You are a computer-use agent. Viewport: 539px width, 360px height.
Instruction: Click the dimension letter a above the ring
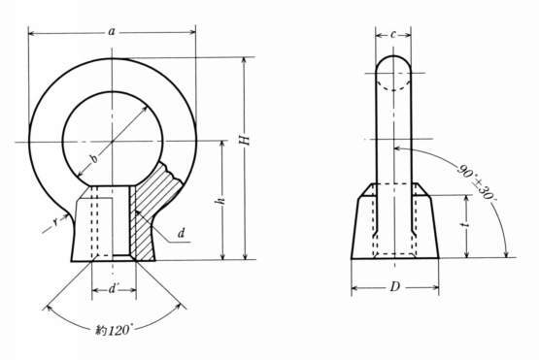click(x=112, y=32)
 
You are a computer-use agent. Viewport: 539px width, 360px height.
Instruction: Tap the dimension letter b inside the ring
click(x=93, y=159)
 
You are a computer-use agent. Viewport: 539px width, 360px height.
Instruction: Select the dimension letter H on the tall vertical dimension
click(x=244, y=140)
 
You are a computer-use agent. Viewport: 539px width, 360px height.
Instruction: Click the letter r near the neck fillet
click(x=55, y=222)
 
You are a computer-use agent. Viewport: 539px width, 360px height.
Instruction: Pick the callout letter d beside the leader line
click(x=182, y=233)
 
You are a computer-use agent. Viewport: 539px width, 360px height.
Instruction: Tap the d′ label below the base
click(x=113, y=289)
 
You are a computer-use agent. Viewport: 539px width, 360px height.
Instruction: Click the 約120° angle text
click(x=113, y=331)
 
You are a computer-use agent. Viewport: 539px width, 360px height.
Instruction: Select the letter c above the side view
click(x=393, y=34)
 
